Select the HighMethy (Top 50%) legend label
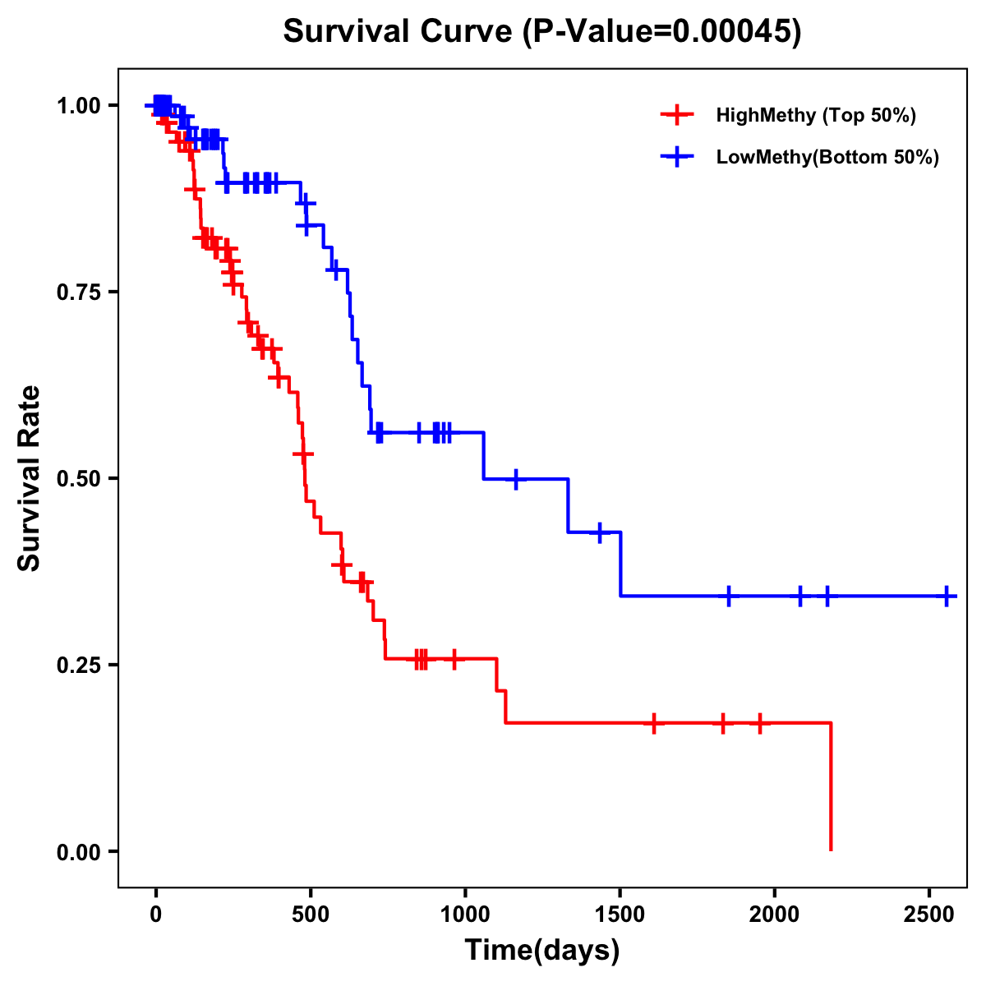[x=815, y=115]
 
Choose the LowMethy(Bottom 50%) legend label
[x=827, y=158]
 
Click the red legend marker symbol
[x=676, y=115]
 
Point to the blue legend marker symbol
[x=676, y=158]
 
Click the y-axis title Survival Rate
[x=30, y=478]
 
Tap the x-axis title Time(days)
[x=542, y=950]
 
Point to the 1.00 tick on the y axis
[x=78, y=106]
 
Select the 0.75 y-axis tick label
[x=78, y=293]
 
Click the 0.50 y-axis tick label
[x=78, y=479]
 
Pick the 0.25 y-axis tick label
[x=78, y=666]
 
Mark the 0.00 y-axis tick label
[x=78, y=852]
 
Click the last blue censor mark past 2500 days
[x=947, y=596]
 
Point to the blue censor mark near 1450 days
[x=600, y=532]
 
